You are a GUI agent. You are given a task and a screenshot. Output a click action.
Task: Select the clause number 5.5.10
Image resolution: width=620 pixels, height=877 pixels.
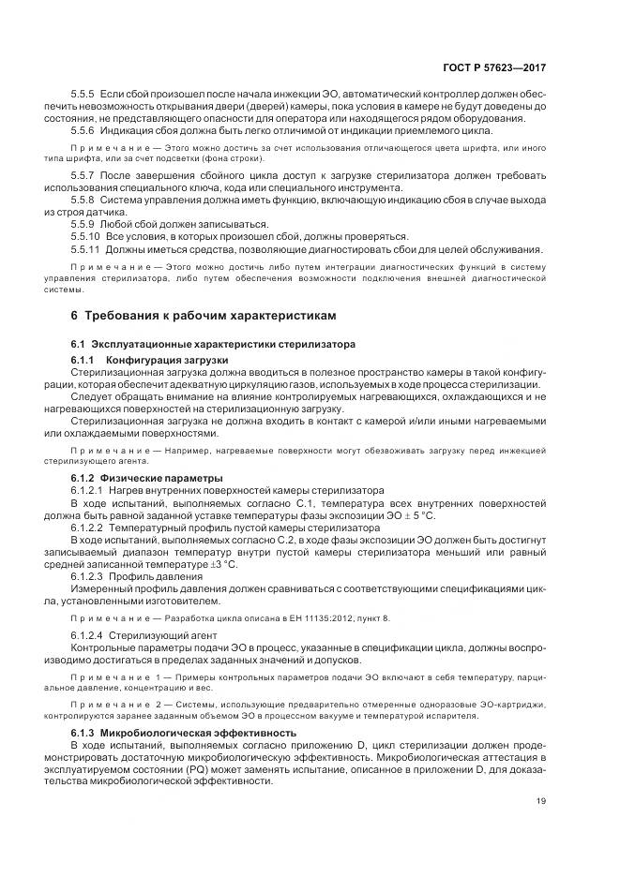pos(87,237)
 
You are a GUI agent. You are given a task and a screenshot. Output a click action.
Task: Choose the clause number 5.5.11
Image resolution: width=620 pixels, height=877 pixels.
pos(87,249)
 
